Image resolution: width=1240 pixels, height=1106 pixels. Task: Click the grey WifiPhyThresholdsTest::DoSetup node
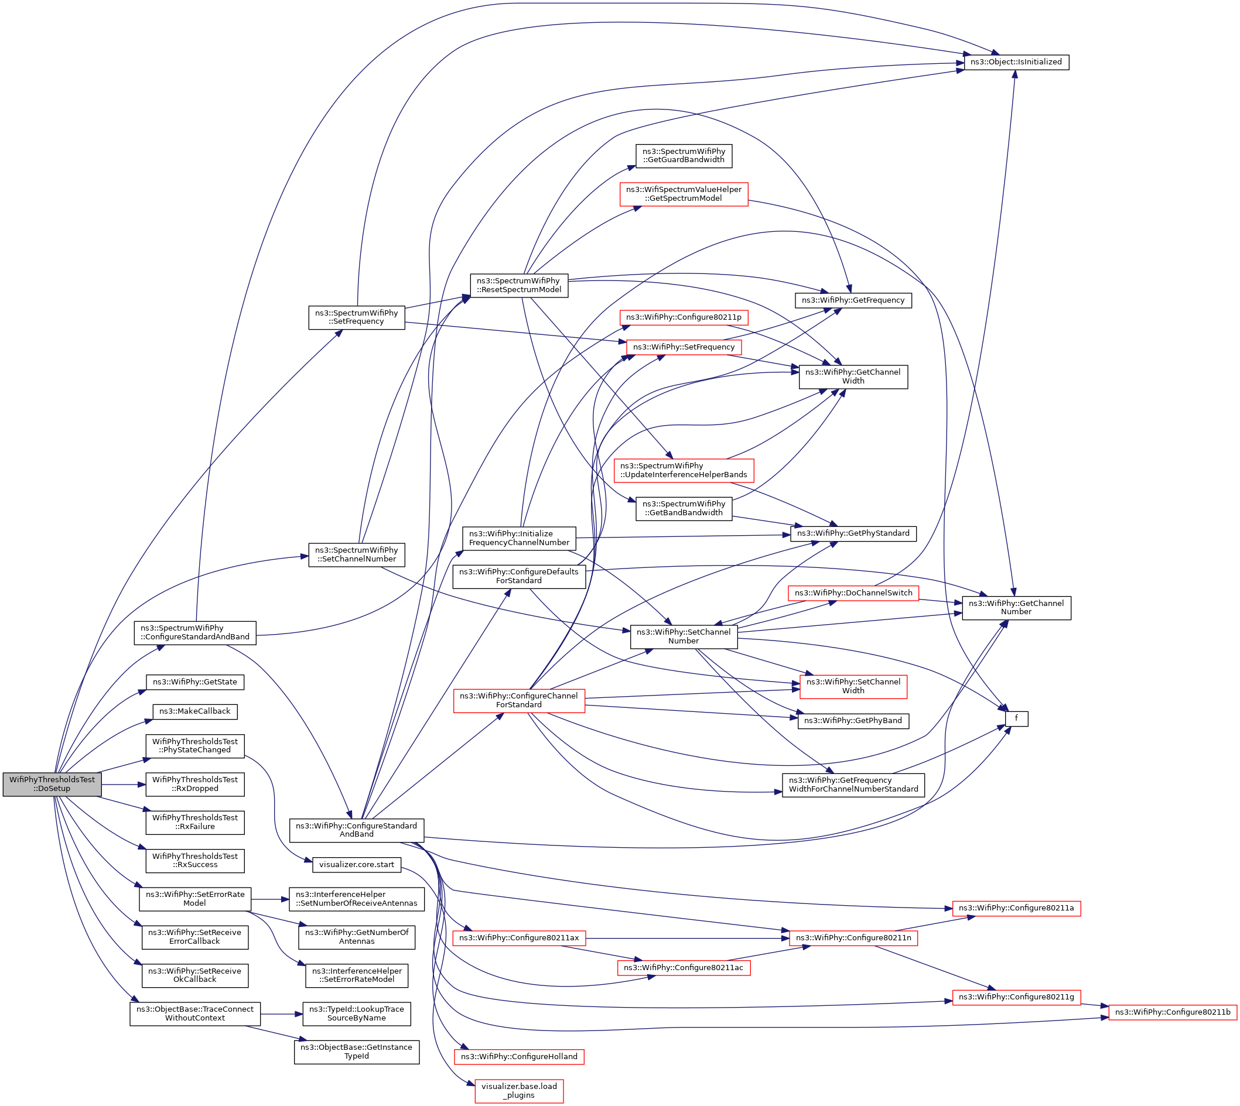pyautogui.click(x=52, y=784)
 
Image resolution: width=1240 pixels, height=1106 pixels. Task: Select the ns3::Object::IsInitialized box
pyautogui.click(x=1016, y=62)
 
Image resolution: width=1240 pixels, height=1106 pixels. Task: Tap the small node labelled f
pyautogui.click(x=1016, y=718)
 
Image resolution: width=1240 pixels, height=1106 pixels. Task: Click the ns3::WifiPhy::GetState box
pyautogui.click(x=194, y=682)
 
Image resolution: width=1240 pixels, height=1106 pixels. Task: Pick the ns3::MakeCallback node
pyautogui.click(x=194, y=711)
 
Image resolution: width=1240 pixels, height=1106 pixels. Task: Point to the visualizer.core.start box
pyautogui.click(x=356, y=864)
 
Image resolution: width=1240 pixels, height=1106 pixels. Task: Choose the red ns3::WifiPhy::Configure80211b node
pyautogui.click(x=1173, y=1012)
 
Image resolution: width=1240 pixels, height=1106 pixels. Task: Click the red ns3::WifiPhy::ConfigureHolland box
pyautogui.click(x=518, y=1057)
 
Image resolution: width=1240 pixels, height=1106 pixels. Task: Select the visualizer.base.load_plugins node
pyautogui.click(x=518, y=1091)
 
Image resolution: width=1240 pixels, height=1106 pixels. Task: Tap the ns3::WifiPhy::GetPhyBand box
pyautogui.click(x=853, y=721)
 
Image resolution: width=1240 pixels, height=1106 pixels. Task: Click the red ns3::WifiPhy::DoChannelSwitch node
pyautogui.click(x=853, y=593)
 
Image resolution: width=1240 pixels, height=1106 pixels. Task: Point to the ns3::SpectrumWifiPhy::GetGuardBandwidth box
pyautogui.click(x=683, y=156)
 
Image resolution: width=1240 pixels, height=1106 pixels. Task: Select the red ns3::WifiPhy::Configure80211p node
pyautogui.click(x=683, y=317)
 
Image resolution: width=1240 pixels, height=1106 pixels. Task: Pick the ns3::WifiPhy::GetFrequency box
pyautogui.click(x=853, y=300)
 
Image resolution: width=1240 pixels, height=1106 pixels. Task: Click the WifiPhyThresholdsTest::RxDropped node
pyautogui.click(x=194, y=784)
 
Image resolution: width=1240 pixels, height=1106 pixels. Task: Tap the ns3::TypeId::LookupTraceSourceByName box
pyautogui.click(x=356, y=1013)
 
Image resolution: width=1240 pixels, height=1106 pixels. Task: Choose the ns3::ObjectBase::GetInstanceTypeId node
pyautogui.click(x=356, y=1052)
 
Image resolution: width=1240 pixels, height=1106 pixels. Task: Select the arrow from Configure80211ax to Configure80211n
pyautogui.click(x=687, y=939)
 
